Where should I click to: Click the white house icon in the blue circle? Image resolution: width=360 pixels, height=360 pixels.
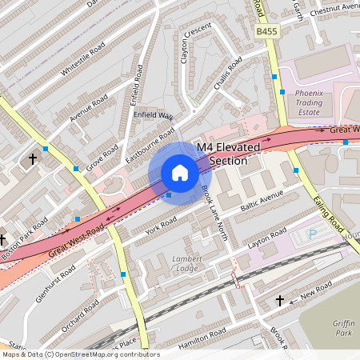pyautogui.click(x=179, y=173)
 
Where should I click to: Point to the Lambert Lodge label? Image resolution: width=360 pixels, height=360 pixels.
pyautogui.click(x=188, y=264)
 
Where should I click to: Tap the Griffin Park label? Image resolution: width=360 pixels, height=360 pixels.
pyautogui.click(x=343, y=328)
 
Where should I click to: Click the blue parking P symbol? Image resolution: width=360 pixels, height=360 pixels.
pyautogui.click(x=313, y=234)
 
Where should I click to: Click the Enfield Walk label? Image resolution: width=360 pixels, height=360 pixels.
pyautogui.click(x=154, y=117)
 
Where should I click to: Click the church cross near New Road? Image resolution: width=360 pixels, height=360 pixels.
pyautogui.click(x=280, y=301)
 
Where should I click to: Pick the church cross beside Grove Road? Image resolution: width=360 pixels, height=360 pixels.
pyautogui.click(x=33, y=160)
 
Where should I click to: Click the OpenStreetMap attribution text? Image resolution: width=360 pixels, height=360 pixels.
pyautogui.click(x=80, y=354)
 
